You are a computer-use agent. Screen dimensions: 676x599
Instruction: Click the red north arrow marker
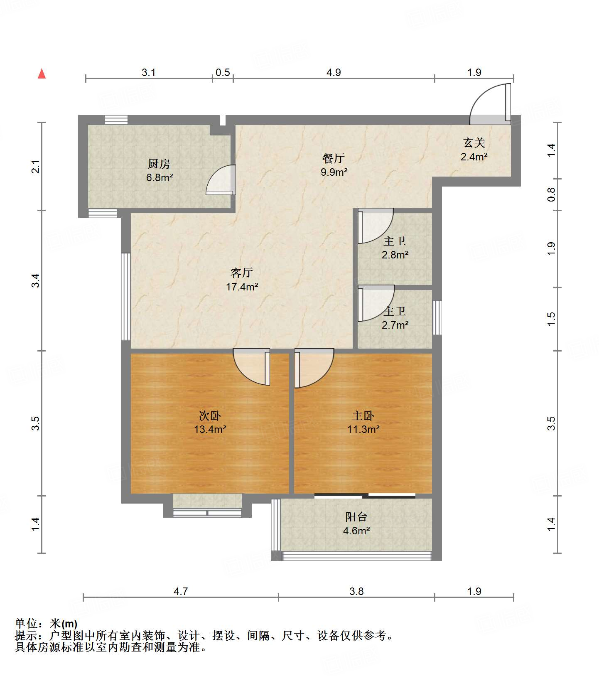[42, 74]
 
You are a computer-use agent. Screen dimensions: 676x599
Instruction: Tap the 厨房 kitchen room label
[159, 170]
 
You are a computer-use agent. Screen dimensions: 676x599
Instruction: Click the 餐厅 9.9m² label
[334, 165]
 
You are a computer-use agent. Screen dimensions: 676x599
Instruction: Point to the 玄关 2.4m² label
[474, 150]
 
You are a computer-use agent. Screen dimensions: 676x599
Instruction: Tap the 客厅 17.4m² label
[242, 280]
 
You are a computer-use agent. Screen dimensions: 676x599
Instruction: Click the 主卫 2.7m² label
[395, 318]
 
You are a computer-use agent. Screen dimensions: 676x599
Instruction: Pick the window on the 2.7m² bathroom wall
[437, 317]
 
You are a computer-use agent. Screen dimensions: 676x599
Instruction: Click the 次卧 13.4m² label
[210, 422]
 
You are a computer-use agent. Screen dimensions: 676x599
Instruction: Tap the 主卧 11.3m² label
[363, 422]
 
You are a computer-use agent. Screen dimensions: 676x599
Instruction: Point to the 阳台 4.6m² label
[356, 524]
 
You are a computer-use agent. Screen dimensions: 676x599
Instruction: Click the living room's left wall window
[125, 297]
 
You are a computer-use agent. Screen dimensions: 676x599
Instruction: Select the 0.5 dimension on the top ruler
[223, 72]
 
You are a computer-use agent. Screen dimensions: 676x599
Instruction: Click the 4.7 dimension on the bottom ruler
[181, 591]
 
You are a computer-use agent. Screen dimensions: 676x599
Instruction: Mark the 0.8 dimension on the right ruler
[551, 194]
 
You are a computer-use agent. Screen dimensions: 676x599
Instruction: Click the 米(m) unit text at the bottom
[64, 624]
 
